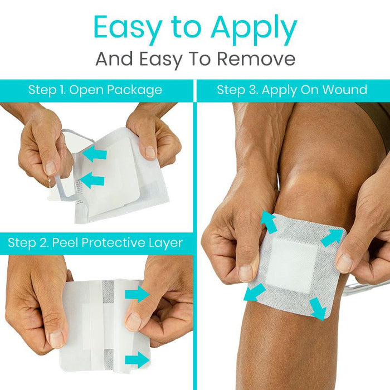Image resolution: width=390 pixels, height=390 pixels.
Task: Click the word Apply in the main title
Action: [x=254, y=30]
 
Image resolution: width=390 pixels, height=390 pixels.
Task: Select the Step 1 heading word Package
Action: [x=134, y=90]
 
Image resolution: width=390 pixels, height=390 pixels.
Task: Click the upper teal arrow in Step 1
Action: [x=95, y=154]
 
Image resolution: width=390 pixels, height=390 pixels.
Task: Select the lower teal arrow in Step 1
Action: [x=92, y=180]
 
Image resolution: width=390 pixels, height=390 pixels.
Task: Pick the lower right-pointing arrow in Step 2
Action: [x=137, y=360]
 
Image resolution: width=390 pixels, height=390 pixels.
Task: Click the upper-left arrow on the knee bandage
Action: [x=269, y=221]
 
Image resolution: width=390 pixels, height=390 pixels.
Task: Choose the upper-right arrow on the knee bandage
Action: [x=332, y=237]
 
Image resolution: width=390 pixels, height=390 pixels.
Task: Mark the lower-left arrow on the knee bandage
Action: [x=255, y=292]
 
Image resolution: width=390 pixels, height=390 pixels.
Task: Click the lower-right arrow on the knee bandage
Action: [x=318, y=309]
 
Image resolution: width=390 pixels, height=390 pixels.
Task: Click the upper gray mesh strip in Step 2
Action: [x=108, y=291]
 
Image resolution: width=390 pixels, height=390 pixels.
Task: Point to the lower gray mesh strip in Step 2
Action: [x=109, y=360]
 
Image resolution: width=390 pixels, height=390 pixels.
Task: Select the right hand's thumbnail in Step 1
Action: [x=150, y=152]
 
